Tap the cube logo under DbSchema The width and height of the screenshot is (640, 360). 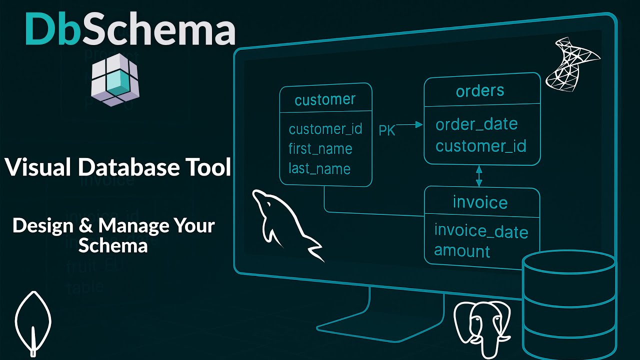tap(115, 82)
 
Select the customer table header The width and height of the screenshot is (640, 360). tap(325, 99)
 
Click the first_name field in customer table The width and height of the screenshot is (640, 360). tap(320, 149)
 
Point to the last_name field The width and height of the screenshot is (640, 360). tap(319, 168)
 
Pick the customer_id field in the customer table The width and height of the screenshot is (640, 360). tap(325, 129)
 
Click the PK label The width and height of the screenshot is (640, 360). tap(387, 130)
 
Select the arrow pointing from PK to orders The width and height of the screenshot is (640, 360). tap(411, 125)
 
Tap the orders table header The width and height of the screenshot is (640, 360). tap(480, 91)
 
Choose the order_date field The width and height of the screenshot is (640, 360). tap(476, 124)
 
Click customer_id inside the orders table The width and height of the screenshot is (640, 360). tap(480, 146)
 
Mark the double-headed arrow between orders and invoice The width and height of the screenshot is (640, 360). tap(479, 175)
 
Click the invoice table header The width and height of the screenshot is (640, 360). tap(480, 202)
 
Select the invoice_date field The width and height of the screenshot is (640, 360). tap(481, 231)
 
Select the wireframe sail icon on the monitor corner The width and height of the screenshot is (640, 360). tap(571, 63)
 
